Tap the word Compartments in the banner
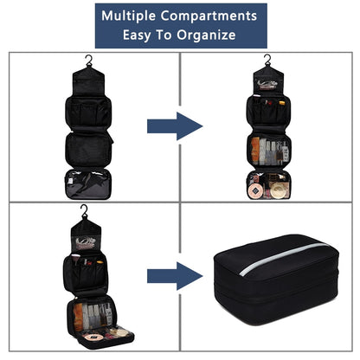pos(209,16)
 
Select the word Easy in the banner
pos(137,35)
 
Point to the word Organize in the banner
pos(206,35)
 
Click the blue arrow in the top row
pos(175,126)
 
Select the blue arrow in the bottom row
pos(175,276)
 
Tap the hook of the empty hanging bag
pos(89,61)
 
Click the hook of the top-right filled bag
pos(268,60)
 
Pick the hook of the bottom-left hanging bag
pos(84,210)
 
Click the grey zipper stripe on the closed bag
pos(284,258)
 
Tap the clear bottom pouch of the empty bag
pos(88,184)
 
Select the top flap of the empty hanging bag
pos(88,81)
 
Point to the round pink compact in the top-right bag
pos(254,191)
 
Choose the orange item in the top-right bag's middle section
pos(255,151)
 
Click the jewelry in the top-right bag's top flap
pos(267,85)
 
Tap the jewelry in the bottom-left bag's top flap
pos(85,242)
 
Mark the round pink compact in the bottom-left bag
pos(92,337)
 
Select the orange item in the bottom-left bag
pos(78,318)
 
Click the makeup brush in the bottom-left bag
pos(76,259)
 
